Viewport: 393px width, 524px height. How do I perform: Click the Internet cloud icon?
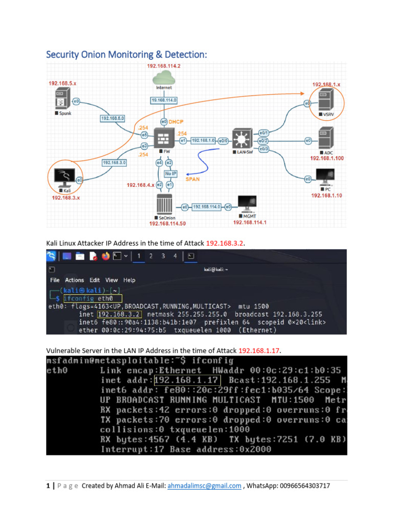pos(164,78)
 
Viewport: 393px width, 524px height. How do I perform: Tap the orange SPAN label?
pos(193,180)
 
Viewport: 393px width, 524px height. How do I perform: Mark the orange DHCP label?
pos(177,122)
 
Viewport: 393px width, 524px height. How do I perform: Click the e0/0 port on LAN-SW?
pos(223,140)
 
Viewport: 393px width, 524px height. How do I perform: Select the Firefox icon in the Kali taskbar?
pos(106,256)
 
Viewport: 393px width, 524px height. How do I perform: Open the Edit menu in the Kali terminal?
pos(95,280)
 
